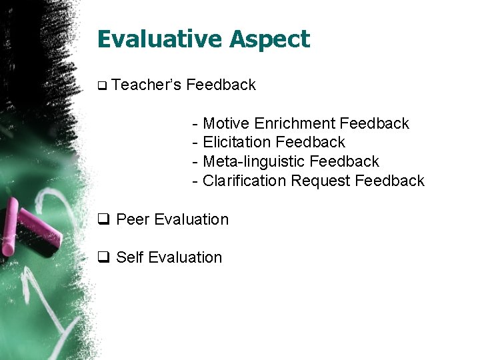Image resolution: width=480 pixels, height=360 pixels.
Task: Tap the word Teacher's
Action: tap(147, 85)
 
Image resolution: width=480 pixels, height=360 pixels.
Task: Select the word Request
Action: tap(321, 181)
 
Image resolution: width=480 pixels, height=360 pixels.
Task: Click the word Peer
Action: tap(133, 219)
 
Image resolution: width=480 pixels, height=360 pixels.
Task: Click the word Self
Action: tap(130, 257)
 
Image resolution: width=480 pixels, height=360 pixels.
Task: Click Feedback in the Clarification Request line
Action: tap(390, 181)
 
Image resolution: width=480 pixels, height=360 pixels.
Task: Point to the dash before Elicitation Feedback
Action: tap(195, 143)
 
